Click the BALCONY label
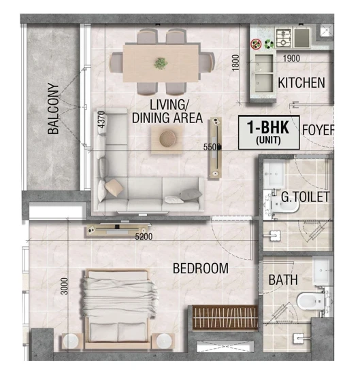pyautogui.click(x=53, y=108)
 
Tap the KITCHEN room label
pyautogui.click(x=301, y=83)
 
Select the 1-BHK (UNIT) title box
pyautogui.click(x=269, y=133)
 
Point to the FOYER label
pyautogui.click(x=318, y=130)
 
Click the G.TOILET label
pyautogui.click(x=306, y=197)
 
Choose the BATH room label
pyautogui.click(x=283, y=280)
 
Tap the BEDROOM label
pyautogui.click(x=201, y=269)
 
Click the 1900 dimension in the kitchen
pyautogui.click(x=291, y=58)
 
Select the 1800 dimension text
pyautogui.click(x=236, y=63)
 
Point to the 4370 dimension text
pyautogui.click(x=102, y=119)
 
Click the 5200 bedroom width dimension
pyautogui.click(x=144, y=237)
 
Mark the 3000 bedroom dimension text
pyautogui.click(x=65, y=286)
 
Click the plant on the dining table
pyautogui.click(x=161, y=63)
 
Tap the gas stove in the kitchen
pyautogui.click(x=283, y=38)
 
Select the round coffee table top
pyautogui.click(x=167, y=139)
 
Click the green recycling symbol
pyautogui.click(x=269, y=44)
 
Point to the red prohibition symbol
pyautogui.click(x=256, y=44)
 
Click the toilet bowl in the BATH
pyautogui.click(x=310, y=301)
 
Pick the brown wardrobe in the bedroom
pyautogui.click(x=225, y=318)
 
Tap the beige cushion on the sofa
pyautogui.click(x=114, y=188)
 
